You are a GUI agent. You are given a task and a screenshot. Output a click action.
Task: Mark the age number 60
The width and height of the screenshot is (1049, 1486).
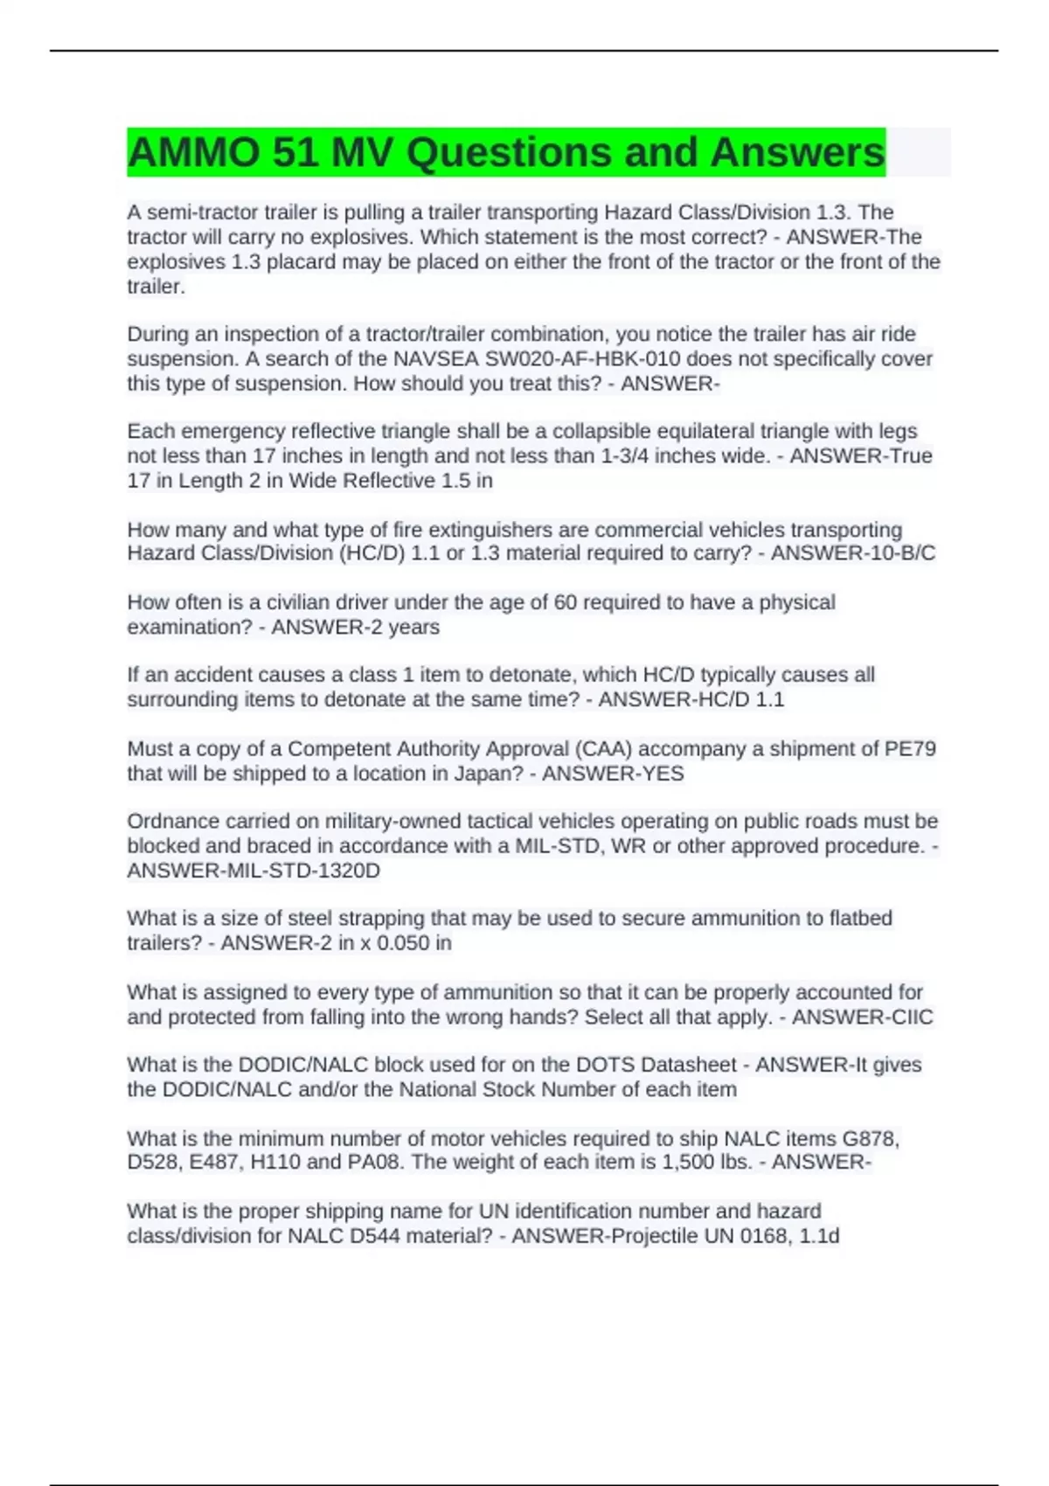tap(565, 602)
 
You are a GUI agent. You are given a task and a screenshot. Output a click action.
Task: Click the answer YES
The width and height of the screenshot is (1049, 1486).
tap(662, 774)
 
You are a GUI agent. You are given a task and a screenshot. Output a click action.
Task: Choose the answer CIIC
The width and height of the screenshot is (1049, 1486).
tap(909, 1017)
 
